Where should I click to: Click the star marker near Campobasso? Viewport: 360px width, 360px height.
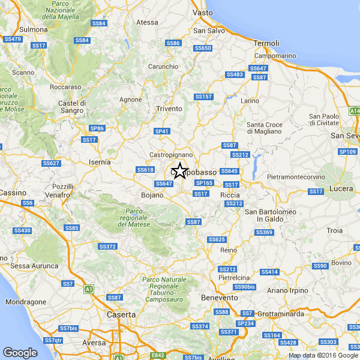click(179, 170)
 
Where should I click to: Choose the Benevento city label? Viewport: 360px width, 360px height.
click(220, 298)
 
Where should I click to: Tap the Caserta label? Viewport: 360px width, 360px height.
click(121, 314)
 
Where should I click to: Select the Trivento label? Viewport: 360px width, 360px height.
click(169, 108)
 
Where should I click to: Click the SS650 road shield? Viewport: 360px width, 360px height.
click(203, 48)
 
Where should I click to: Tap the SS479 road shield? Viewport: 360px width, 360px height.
click(13, 39)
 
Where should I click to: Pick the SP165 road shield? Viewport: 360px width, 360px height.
click(205, 182)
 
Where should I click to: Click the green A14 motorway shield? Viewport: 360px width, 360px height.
click(355, 111)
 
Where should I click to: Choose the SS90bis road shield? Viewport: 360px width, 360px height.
click(244, 287)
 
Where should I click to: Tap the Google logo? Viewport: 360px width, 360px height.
click(20, 353)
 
